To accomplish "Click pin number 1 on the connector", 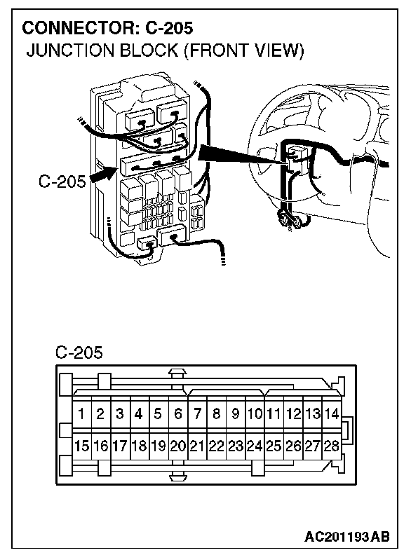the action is click(82, 413).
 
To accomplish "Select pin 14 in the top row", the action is click(332, 413).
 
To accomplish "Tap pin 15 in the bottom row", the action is click(82, 446).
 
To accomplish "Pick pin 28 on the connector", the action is click(332, 446).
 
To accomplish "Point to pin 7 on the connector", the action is click(197, 413).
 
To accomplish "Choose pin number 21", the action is click(197, 446).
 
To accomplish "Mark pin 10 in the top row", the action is click(255, 413).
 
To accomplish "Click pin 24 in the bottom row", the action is click(255, 446).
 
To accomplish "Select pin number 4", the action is click(140, 413).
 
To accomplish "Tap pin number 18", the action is click(140, 446).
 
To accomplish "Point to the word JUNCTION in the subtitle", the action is click(71, 50).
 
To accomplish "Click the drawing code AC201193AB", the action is click(347, 537).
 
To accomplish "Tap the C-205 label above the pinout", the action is click(79, 352).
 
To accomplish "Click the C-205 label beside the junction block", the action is click(62, 181).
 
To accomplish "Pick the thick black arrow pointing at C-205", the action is click(104, 175).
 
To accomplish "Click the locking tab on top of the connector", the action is click(178, 373).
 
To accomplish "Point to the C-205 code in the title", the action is click(169, 28).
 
